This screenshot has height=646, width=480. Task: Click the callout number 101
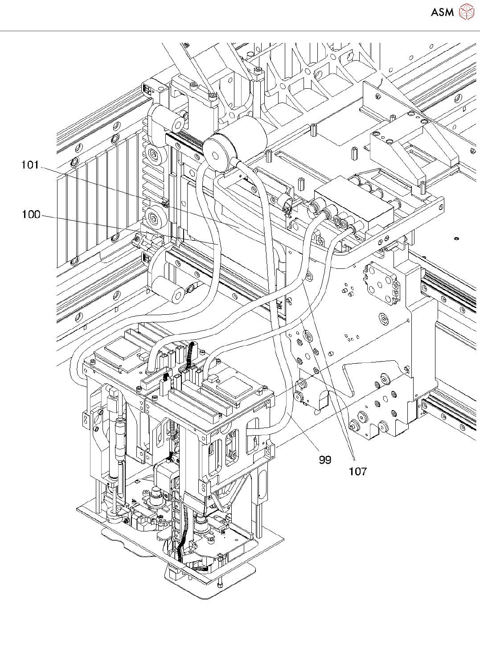[30, 165]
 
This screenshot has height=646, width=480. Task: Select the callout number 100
[31, 214]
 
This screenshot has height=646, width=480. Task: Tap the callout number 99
[325, 460]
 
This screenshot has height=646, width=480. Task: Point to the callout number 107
[358, 471]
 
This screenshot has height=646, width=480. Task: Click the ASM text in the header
[443, 12]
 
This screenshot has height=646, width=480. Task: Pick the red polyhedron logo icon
[467, 12]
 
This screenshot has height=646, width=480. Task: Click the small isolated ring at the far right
[456, 239]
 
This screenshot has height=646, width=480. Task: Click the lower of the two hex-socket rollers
[154, 217]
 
